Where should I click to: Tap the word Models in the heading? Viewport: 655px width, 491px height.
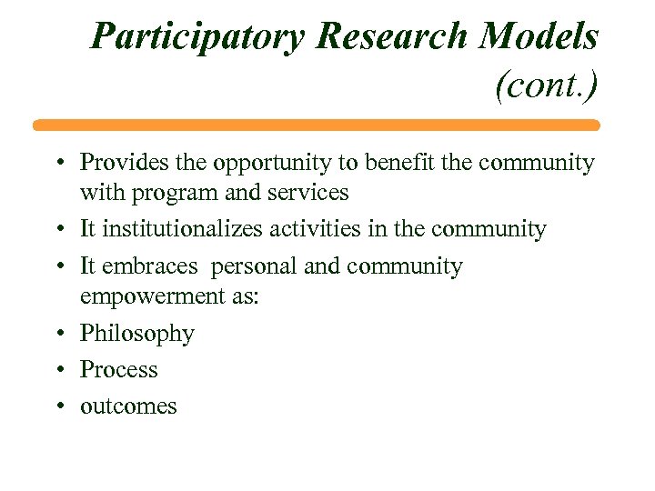point(539,37)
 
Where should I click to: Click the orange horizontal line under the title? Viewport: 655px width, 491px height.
point(317,125)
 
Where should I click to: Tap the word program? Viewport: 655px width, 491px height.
point(174,194)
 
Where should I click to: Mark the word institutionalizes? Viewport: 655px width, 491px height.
point(180,229)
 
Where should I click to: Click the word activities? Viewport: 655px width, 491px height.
point(317,229)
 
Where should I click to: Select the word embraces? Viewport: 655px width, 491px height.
point(148,266)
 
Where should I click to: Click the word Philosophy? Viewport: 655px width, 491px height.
point(137,335)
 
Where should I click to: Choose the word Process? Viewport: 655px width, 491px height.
point(119,370)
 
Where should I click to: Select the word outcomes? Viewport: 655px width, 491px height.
point(128,406)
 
